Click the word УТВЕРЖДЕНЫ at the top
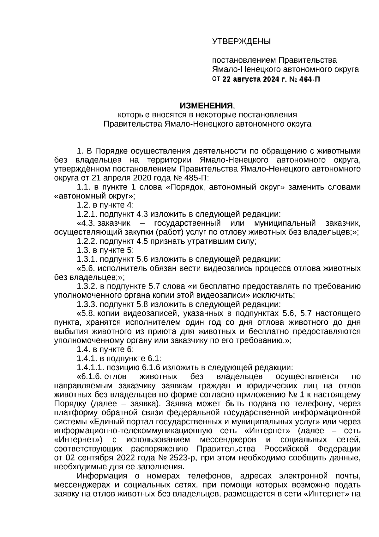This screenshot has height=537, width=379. [241, 41]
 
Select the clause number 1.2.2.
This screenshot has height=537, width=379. [87, 241]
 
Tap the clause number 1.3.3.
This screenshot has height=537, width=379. [87, 304]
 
